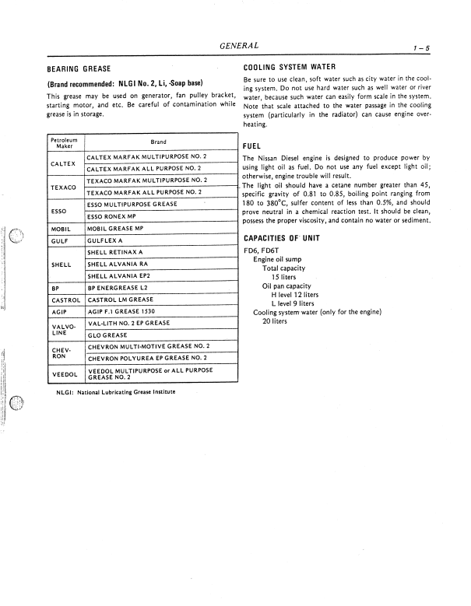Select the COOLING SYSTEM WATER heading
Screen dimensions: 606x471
[x=290, y=68]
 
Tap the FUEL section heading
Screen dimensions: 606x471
[x=251, y=145]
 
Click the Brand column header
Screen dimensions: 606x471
[x=158, y=142]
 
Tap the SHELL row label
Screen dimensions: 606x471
[x=62, y=264]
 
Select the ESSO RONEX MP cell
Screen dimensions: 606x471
[x=114, y=216]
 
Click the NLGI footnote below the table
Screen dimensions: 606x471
[x=115, y=392]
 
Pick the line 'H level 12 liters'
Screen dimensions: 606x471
[x=295, y=295]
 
